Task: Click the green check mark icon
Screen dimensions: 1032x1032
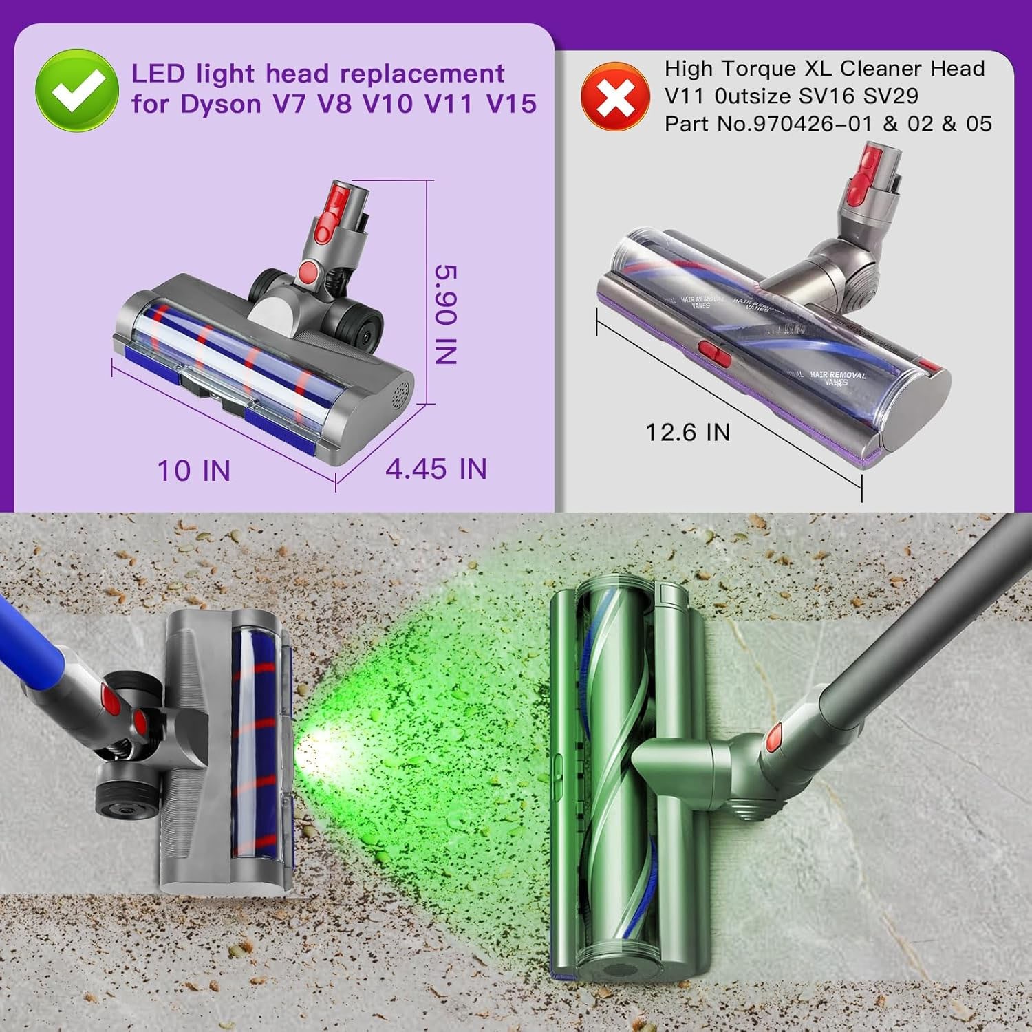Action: coord(76,90)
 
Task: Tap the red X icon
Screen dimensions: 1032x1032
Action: coord(615,97)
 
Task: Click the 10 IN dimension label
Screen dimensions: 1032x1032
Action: coord(194,471)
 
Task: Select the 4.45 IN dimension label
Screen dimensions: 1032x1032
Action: coord(436,469)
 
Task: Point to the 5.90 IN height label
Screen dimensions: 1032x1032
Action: coord(446,314)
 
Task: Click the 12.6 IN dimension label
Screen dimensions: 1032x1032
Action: coord(687,432)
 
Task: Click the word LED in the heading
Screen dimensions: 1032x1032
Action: coord(158,74)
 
